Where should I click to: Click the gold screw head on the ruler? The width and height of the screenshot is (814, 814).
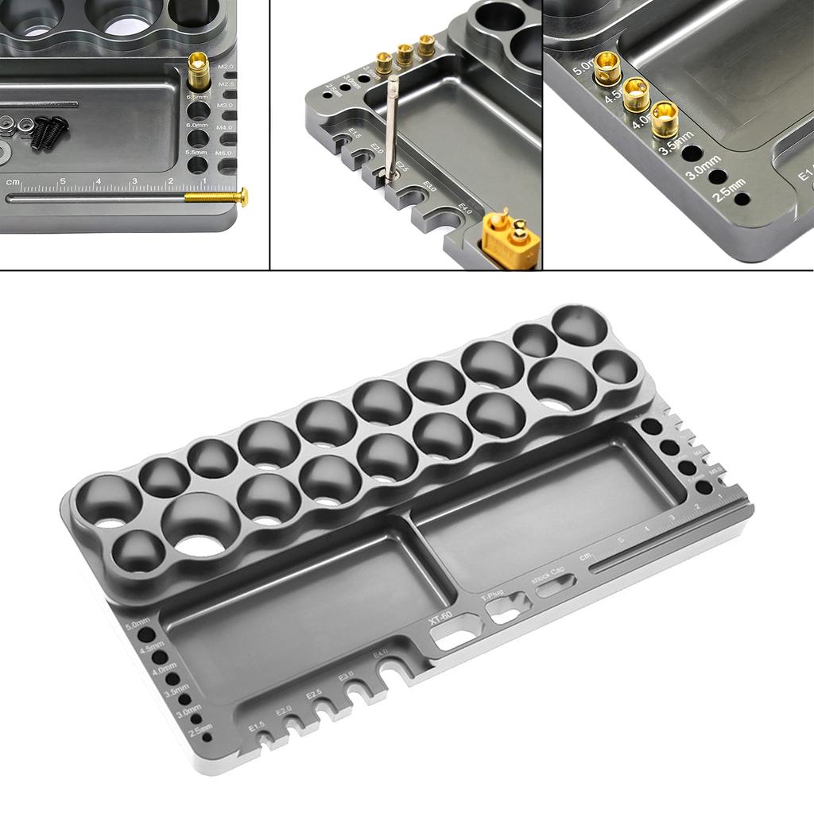click(x=242, y=196)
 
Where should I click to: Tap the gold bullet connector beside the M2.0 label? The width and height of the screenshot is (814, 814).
click(x=198, y=72)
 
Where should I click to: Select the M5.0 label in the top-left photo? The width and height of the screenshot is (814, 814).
click(x=225, y=153)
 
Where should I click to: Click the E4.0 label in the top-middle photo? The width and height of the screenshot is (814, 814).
click(x=466, y=210)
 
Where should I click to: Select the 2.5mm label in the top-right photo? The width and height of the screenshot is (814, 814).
click(x=729, y=192)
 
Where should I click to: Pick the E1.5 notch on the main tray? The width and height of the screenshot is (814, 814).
click(x=262, y=738)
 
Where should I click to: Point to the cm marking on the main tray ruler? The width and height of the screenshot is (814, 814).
click(x=587, y=556)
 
